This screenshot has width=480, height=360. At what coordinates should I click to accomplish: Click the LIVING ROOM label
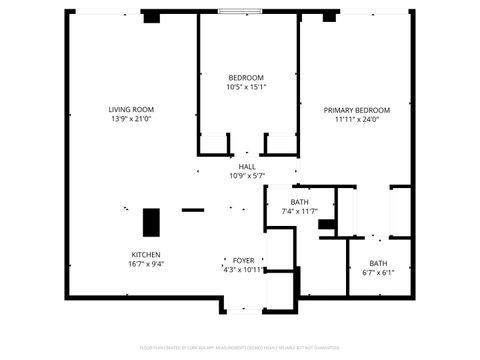131,109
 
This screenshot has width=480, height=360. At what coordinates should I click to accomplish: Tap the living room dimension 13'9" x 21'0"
131,120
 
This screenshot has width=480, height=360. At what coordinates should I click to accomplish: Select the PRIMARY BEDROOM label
356,109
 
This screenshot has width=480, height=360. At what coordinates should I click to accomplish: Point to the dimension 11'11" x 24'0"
356,120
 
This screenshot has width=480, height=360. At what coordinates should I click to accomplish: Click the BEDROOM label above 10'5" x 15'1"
246,78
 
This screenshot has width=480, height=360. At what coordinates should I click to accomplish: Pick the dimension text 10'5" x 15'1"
246,88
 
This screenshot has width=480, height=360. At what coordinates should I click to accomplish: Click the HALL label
246,166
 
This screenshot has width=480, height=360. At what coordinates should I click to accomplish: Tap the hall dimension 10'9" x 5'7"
246,176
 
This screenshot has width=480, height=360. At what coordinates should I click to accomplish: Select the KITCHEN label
146,254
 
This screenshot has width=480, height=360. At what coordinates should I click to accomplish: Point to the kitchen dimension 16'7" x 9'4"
146,265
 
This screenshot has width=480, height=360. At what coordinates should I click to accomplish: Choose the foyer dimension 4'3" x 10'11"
243,269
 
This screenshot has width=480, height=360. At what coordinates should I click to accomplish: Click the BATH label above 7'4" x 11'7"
300,201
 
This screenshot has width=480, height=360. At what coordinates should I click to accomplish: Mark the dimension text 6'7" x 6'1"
378,273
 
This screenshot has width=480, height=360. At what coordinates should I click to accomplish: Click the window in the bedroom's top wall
246,11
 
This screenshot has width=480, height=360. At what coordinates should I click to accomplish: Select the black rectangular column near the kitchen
152,221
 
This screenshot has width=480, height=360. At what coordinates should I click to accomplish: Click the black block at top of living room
152,17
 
